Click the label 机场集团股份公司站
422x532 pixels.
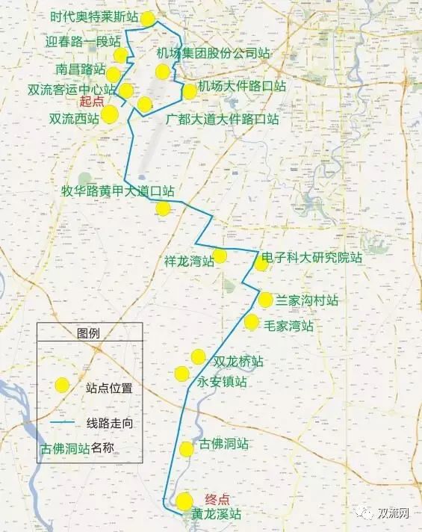[213, 54]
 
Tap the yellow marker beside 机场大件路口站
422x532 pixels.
[190, 91]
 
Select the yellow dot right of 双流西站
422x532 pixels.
[110, 114]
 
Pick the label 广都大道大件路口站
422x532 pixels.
[223, 120]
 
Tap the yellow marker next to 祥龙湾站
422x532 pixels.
[220, 255]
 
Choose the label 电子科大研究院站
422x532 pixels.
[312, 258]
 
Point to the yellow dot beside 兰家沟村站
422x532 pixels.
[266, 300]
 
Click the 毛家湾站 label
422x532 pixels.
[289, 326]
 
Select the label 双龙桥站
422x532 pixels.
[238, 362]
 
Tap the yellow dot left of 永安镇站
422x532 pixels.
[181, 374]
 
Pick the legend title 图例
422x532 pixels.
[88, 333]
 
